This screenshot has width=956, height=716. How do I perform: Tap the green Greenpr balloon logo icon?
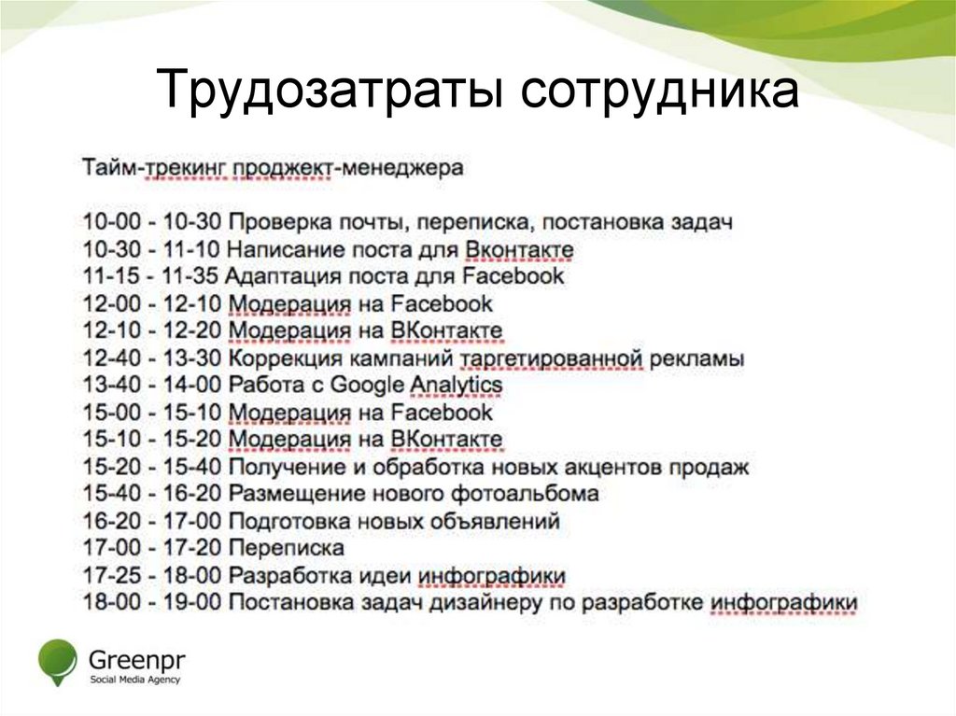point(57,658)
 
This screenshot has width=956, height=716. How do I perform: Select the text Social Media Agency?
point(135,679)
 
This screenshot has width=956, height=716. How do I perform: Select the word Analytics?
point(457,385)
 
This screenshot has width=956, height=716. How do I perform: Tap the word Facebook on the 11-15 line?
point(513,276)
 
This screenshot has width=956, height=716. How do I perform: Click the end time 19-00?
point(192,602)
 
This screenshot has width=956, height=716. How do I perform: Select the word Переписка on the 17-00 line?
point(287,548)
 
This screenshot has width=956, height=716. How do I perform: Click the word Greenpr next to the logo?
point(136,658)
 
